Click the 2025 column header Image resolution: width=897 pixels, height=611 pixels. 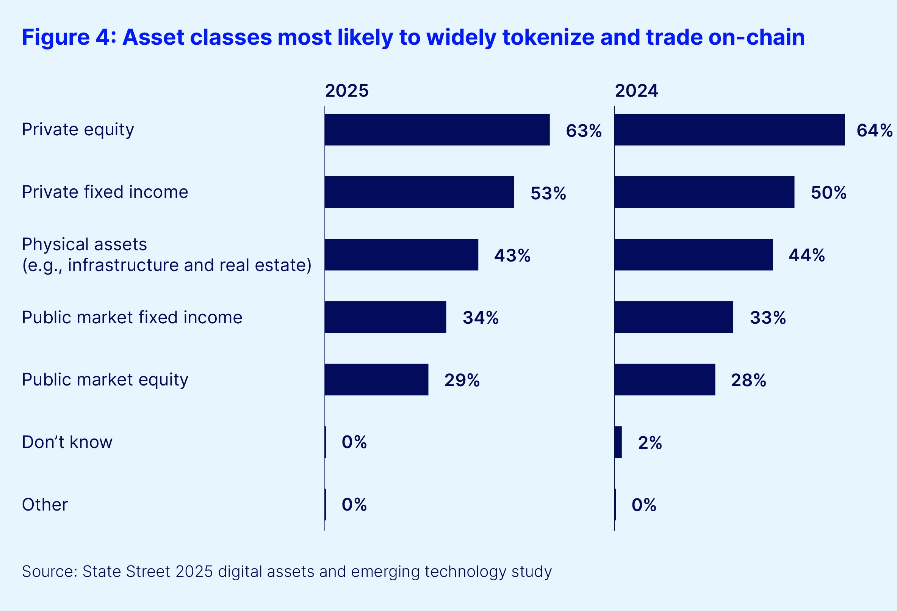(347, 91)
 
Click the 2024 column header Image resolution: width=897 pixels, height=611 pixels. (636, 91)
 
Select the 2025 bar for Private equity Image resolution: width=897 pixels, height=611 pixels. (437, 130)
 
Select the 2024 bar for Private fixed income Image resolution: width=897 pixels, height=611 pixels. (704, 192)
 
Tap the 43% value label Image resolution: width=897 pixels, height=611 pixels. (512, 255)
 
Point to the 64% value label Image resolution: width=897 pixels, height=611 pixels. (874, 130)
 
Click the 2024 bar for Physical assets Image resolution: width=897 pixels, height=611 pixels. (693, 255)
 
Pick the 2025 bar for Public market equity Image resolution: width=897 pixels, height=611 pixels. (376, 379)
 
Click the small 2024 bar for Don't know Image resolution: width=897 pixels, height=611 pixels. (618, 442)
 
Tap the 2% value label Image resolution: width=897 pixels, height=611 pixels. (650, 443)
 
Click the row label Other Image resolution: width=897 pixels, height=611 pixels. (45, 504)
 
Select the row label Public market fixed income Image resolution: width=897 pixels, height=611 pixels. (132, 317)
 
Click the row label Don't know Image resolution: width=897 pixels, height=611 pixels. (67, 442)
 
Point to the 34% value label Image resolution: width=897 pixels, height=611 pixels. (481, 318)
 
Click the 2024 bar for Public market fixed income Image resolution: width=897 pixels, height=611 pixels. (673, 317)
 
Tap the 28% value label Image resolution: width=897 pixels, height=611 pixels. (748, 380)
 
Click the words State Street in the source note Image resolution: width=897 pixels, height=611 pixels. (126, 572)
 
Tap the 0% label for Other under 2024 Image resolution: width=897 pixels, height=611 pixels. (644, 505)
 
